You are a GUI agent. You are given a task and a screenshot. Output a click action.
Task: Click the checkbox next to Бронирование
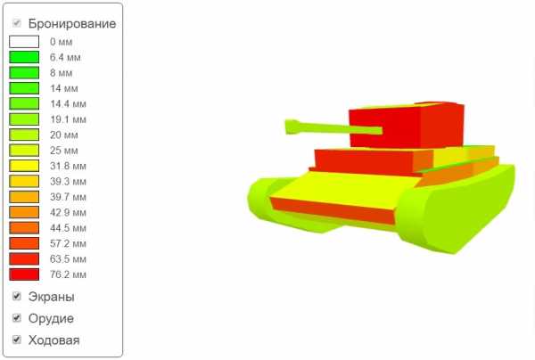(x=17, y=23)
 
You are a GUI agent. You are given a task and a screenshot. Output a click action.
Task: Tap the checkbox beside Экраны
(x=17, y=296)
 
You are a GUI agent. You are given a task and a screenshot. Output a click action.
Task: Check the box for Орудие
(x=17, y=318)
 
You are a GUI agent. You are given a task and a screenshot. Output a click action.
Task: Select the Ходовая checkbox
(x=17, y=340)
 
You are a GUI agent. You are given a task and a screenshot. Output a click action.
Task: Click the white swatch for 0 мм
(x=24, y=42)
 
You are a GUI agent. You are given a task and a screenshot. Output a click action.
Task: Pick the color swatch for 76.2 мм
(x=24, y=274)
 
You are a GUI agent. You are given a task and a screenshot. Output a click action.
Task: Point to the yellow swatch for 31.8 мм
(x=24, y=166)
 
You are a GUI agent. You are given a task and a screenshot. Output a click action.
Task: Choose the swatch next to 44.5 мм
(x=24, y=228)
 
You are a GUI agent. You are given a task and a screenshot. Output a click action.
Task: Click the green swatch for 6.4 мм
(x=24, y=57)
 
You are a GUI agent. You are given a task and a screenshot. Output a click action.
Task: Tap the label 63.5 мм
(x=68, y=259)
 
